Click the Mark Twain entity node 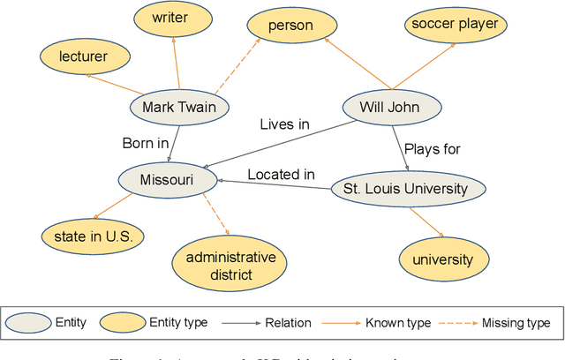179,108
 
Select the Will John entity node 390,108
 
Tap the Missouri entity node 167,181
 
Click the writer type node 169,17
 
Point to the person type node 291,26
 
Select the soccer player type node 455,24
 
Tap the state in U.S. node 93,236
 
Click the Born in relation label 146,142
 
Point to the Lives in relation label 284,124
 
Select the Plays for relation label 432,148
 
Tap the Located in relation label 281,174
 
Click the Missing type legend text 516,323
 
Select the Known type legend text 398,323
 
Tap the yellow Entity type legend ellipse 121,323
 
